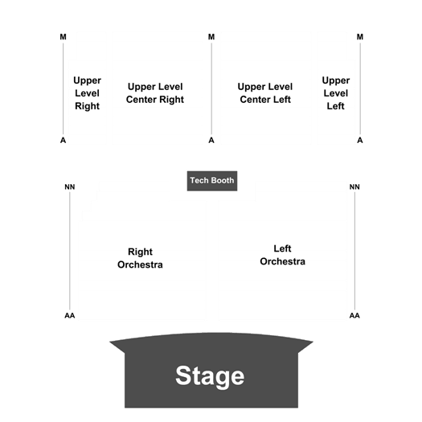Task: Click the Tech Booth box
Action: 212,181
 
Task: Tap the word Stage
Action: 210,376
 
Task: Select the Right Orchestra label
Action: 140,258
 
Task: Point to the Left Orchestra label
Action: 283,255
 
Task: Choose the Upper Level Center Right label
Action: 155,93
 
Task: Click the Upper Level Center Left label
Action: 265,93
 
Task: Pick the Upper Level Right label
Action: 87,93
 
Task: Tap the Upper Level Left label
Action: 336,93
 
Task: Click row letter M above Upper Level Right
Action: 63,37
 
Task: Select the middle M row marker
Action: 211,37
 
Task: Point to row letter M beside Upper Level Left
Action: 360,37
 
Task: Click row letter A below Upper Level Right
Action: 63,140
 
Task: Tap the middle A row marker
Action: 211,140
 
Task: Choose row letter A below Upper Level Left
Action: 360,140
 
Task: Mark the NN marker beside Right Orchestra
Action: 70,186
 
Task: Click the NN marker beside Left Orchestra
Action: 354,186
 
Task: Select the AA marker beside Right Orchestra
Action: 70,315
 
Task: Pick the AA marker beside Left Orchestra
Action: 354,315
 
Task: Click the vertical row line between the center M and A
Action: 211,88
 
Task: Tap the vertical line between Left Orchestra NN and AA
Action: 354,251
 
